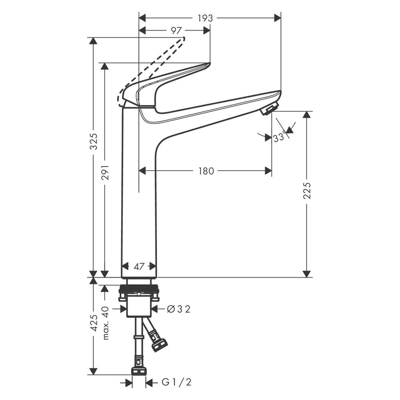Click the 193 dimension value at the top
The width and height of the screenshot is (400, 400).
205,18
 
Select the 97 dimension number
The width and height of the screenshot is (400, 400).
176,31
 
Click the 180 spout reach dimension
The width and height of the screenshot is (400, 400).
206,171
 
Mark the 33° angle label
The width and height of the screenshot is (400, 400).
279,138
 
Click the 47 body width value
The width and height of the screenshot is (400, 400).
139,267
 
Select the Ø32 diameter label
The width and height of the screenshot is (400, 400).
178,310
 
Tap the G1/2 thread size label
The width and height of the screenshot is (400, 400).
176,382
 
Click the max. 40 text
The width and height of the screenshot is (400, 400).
106,323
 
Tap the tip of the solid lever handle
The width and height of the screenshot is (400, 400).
210,64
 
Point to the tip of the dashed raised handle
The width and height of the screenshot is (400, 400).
184,38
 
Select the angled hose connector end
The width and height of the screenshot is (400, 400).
160,345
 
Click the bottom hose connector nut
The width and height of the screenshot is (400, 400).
138,371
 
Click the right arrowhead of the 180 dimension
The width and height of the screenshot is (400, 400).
268,171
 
